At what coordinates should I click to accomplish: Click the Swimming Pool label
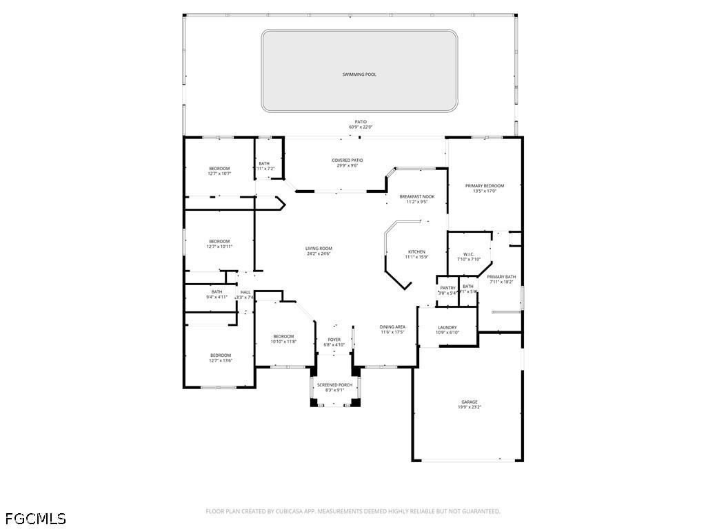pos(359,74)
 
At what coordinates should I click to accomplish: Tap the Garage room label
pos(470,402)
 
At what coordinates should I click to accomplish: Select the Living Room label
pos(319,248)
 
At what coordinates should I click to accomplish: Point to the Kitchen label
pos(416,251)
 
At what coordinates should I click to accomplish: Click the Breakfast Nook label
pos(417,196)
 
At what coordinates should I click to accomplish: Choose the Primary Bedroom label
pos(485,185)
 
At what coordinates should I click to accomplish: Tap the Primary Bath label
pos(501,277)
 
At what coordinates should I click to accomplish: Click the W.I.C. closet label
pos(468,254)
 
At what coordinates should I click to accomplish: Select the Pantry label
pos(448,288)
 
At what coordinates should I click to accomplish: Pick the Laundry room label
pos(447,327)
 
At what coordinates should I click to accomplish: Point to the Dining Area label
pos(392,326)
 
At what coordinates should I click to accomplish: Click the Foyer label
pos(334,339)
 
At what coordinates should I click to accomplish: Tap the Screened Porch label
pos(334,385)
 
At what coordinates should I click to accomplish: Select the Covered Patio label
pos(347,160)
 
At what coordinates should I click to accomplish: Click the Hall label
pos(245,292)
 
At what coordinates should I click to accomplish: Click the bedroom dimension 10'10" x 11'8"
pos(283,342)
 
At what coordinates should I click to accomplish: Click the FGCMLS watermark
pos(35,517)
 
